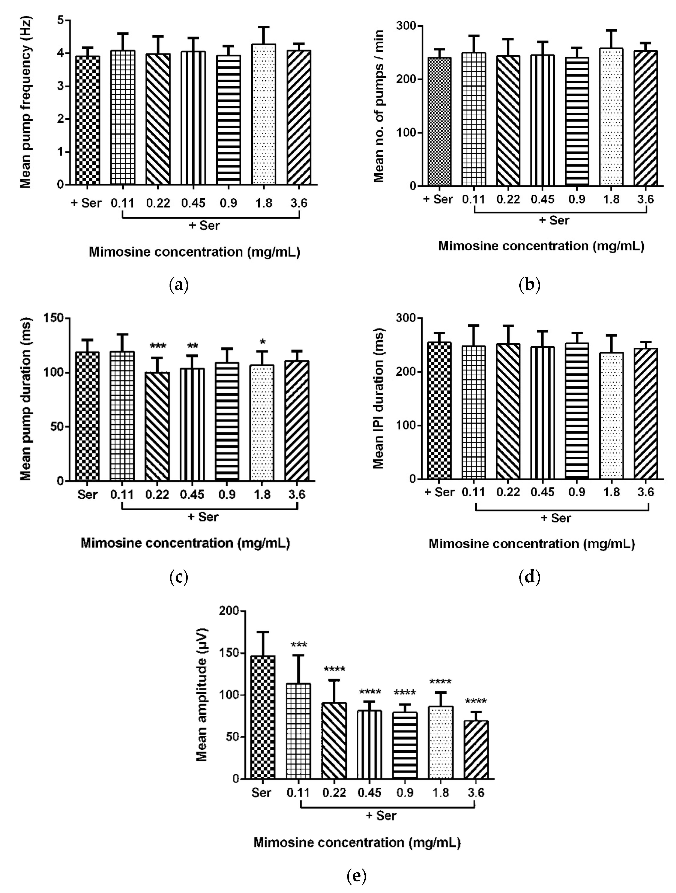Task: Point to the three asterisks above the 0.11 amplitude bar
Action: click(x=299, y=645)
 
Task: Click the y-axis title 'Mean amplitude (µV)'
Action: click(x=202, y=694)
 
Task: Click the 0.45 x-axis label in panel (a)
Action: click(x=193, y=203)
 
